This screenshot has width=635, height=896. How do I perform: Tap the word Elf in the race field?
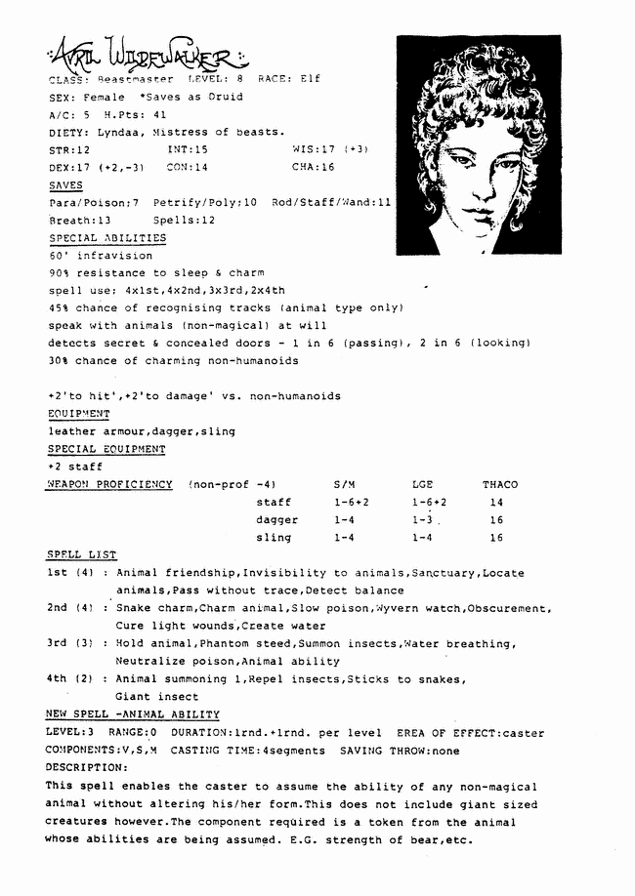point(309,79)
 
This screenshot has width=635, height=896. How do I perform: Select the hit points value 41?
point(133,114)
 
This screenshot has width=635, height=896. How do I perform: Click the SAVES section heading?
point(65,185)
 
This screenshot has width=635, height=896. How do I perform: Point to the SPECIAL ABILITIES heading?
point(107,238)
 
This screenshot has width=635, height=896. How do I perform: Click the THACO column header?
point(499,485)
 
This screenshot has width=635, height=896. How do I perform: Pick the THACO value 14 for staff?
point(496,503)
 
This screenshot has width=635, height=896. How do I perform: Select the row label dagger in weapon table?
point(276,520)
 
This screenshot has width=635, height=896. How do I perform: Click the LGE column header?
point(422,485)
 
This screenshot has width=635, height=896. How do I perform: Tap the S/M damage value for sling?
point(343,538)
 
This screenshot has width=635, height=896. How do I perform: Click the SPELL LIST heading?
point(81,555)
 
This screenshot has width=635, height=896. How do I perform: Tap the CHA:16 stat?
point(313,168)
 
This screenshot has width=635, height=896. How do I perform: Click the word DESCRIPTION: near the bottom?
point(87,768)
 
